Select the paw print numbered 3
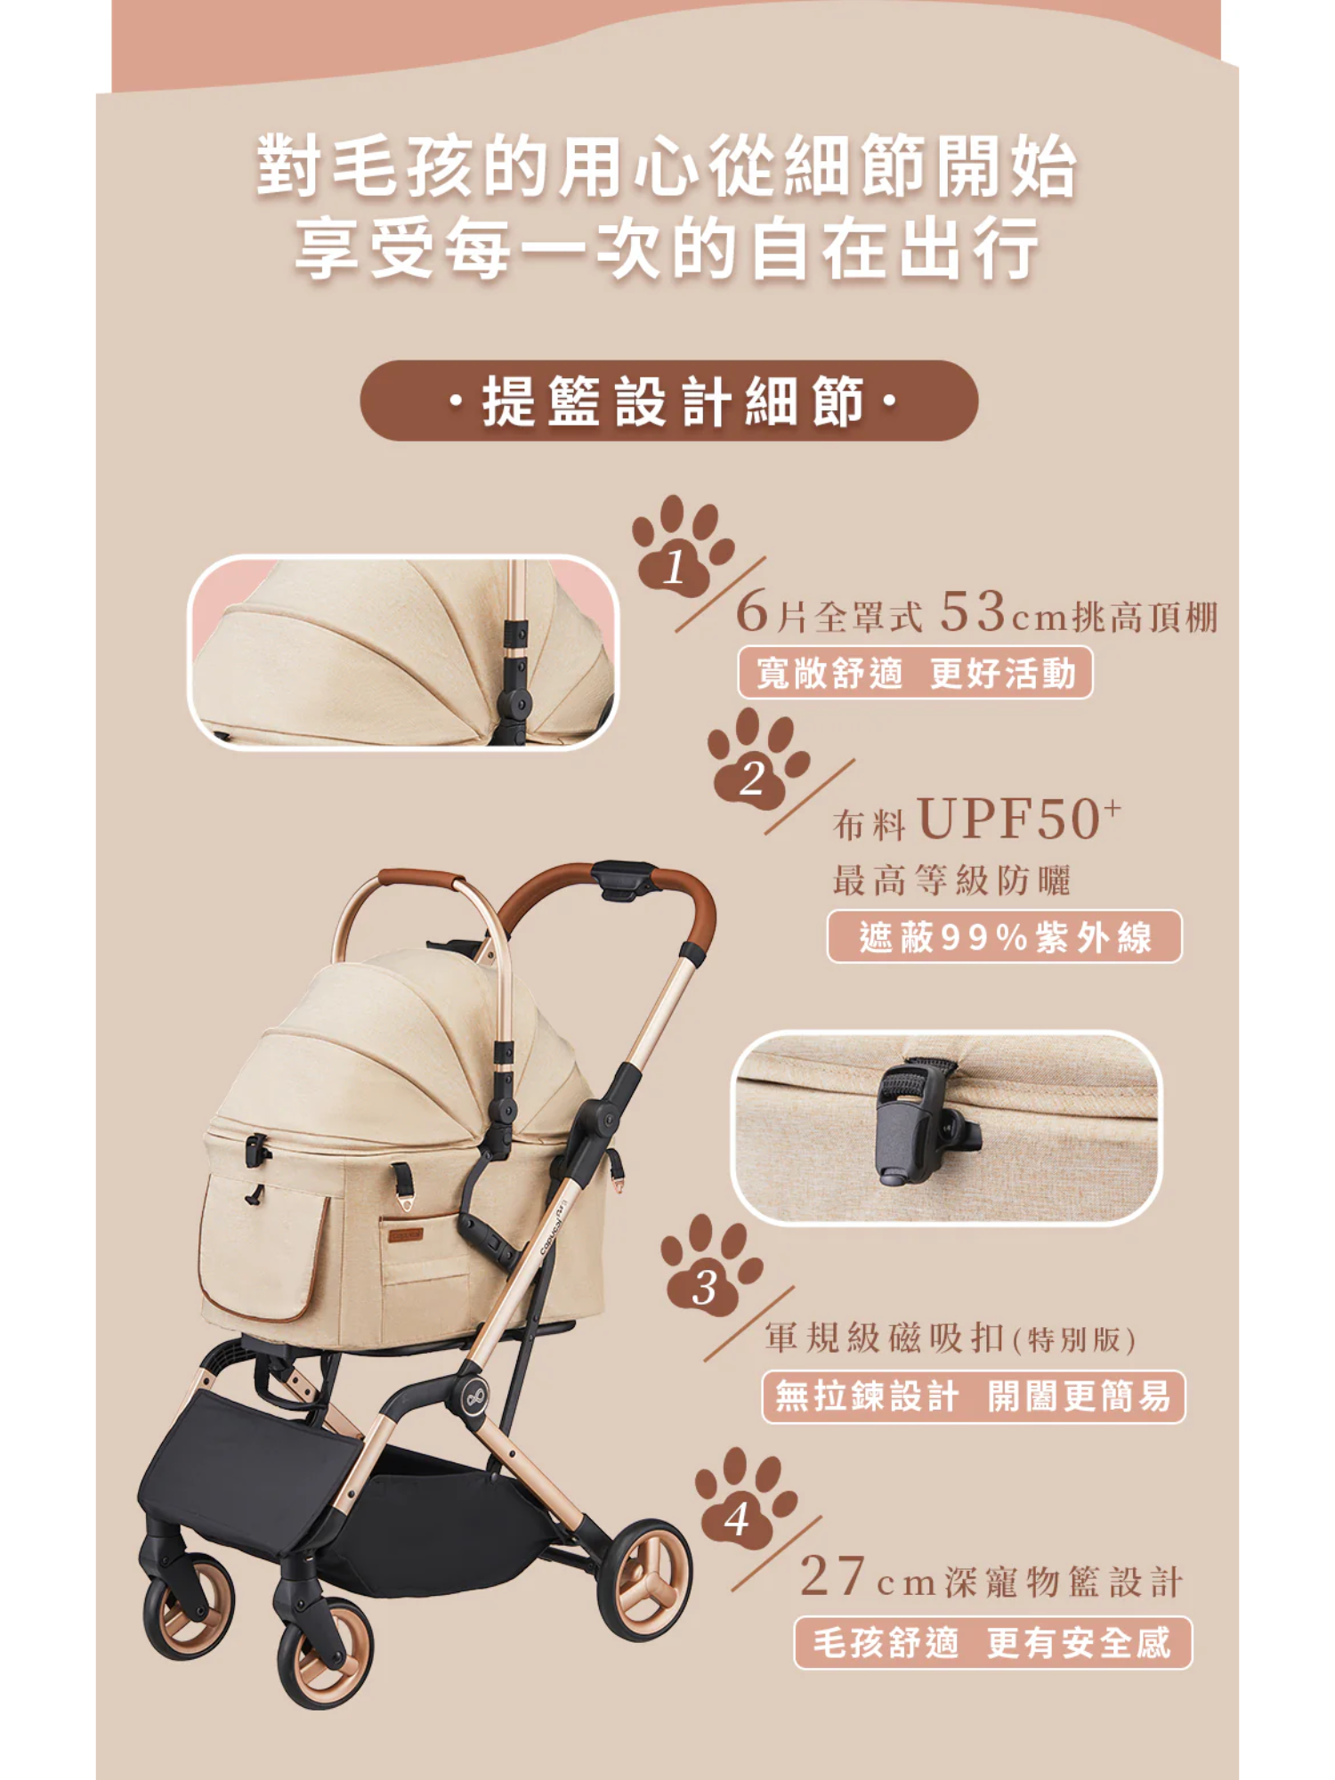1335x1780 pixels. point(710,1265)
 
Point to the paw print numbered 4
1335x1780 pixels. point(744,1497)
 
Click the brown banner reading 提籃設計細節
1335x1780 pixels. point(669,400)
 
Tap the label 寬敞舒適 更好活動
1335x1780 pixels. point(915,673)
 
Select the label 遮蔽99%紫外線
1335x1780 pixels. point(1005,936)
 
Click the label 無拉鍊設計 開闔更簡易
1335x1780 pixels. point(974,1396)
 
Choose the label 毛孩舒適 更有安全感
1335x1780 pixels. point(992,1643)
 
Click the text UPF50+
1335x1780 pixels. point(1020,818)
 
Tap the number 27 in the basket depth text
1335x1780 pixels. point(833,1576)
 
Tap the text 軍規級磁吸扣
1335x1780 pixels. point(886,1336)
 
